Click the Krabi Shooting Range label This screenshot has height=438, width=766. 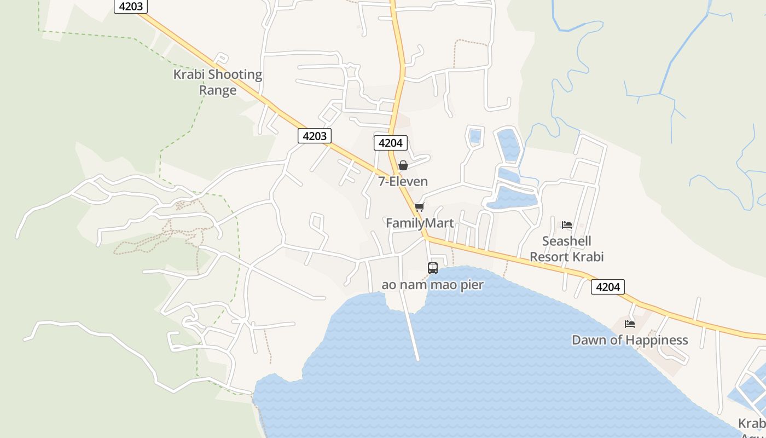(218, 82)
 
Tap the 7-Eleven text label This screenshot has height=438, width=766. (403, 181)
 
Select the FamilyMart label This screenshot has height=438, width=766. (420, 223)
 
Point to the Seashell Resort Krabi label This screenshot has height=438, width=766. (566, 249)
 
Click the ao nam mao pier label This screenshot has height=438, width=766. (432, 285)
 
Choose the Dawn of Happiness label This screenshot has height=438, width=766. (629, 340)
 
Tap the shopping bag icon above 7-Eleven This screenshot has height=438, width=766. (403, 165)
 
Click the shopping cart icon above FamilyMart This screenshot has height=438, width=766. (420, 207)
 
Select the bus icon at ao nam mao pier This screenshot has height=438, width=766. (433, 268)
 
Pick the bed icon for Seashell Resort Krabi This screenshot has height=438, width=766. (567, 225)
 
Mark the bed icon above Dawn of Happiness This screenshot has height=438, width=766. (630, 324)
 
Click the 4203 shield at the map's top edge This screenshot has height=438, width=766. (131, 6)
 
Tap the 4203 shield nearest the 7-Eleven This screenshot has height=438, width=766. (315, 136)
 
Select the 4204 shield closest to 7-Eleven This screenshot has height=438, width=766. (390, 143)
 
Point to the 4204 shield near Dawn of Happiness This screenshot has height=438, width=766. (607, 287)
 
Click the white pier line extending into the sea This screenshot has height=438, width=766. (411, 328)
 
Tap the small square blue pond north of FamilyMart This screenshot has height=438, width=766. (475, 136)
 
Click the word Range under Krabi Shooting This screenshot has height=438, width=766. (218, 90)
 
